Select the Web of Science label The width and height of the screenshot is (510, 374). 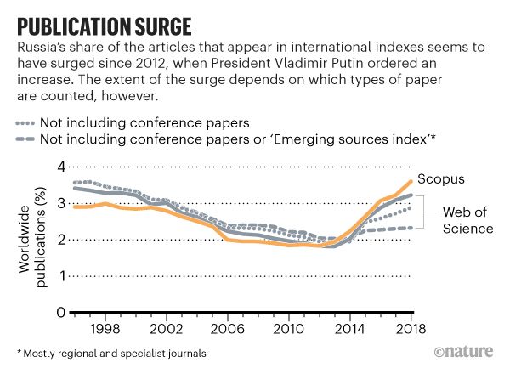pos(464,219)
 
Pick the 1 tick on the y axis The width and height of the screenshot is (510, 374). pos(60,276)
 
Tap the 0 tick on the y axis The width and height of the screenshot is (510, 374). pos(60,312)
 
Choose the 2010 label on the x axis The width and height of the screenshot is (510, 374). pos(286,328)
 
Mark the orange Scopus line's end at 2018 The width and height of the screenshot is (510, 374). pos(411,180)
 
